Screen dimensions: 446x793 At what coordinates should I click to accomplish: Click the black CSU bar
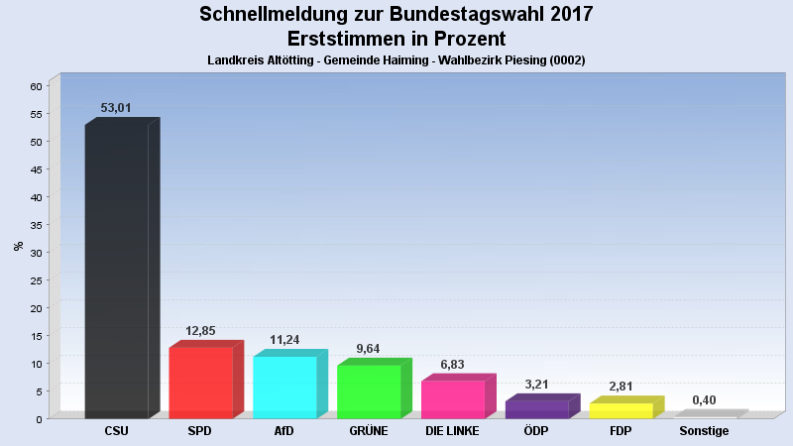116,272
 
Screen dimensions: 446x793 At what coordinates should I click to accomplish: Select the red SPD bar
200,383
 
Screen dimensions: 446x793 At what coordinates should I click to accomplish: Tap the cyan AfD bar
284,388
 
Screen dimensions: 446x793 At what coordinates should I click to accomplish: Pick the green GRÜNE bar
369,391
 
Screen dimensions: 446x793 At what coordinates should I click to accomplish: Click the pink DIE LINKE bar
453,399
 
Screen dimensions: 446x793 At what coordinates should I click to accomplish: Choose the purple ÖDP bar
536,409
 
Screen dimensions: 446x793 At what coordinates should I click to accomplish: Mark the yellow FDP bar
621,410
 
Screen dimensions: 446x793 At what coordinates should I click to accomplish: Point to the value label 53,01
116,108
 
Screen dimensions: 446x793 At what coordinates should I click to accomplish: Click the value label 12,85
200,331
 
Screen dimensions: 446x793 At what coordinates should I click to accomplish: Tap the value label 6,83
452,365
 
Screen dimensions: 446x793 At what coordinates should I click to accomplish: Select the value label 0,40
704,399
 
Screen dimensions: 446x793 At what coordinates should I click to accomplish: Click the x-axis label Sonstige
704,431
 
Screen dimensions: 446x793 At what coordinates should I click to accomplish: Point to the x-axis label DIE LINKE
452,431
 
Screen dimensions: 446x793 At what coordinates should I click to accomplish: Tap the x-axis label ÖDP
536,431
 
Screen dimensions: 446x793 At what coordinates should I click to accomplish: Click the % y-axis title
19,246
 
